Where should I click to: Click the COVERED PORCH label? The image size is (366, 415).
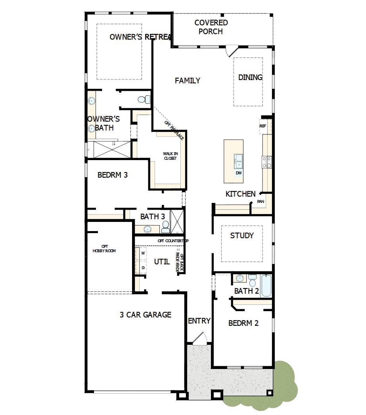coord(211,27)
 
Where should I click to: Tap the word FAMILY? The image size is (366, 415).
coord(188,81)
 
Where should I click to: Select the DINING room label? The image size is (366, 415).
coord(250,78)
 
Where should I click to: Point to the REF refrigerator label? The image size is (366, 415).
coord(263,126)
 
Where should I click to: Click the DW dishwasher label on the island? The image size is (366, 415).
coord(238,173)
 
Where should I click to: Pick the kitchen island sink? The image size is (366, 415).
coord(238,161)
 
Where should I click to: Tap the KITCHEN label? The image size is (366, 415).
coord(240,194)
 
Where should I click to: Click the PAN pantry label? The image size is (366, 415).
coord(261,202)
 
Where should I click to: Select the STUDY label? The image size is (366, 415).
coord(242,235)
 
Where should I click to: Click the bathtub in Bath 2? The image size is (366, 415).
coord(266,286)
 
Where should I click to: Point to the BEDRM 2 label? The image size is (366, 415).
coord(243,323)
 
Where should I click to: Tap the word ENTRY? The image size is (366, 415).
coord(199,321)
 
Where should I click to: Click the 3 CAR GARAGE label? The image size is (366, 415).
coord(146,315)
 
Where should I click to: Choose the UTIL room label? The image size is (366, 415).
coord(162,262)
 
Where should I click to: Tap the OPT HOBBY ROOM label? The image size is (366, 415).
coord(104,249)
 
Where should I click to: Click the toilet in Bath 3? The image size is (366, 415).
coord(166,227)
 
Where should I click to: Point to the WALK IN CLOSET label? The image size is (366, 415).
coord(170,156)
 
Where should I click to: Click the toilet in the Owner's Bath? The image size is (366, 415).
coord(144,99)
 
